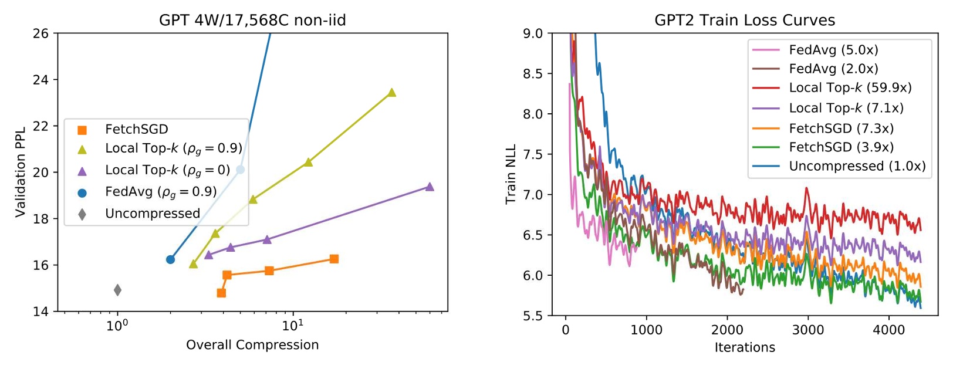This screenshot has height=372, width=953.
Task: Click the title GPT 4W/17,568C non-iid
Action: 252,21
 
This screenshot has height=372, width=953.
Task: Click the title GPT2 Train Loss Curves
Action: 744,21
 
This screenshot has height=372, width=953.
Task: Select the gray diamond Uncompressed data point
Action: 117,290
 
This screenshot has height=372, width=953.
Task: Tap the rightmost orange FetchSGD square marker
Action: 334,259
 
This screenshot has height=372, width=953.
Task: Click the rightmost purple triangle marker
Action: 430,187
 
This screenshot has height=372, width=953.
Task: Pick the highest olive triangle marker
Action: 392,92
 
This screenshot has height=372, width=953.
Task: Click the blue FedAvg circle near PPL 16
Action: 170,259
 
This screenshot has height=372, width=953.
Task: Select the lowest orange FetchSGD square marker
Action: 221,293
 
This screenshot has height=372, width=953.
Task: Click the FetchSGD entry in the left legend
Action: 136,129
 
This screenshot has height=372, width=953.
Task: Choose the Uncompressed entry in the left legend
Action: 152,214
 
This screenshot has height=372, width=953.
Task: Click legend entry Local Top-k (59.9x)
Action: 850,88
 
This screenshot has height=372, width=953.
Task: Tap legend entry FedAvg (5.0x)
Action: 833,50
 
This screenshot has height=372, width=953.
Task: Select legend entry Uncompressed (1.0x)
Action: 857,166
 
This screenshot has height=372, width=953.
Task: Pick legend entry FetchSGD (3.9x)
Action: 841,147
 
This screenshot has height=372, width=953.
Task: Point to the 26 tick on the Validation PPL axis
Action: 40,33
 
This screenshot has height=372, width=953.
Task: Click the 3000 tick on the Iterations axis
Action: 807,330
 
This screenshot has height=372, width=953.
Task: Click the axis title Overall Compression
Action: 252,345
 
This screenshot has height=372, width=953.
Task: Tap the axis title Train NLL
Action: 511,174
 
